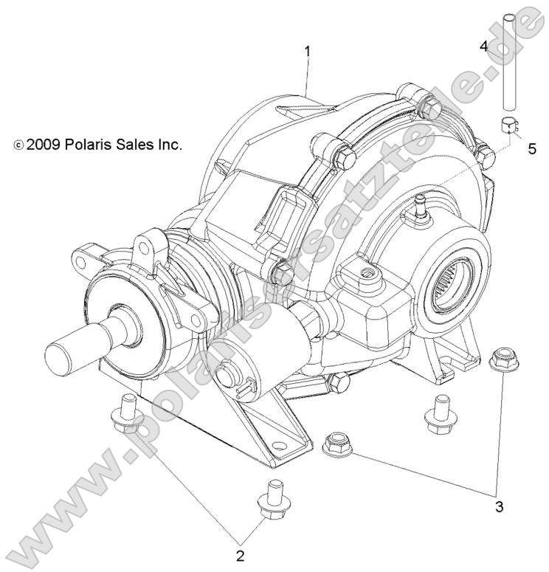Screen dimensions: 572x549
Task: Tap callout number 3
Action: tap(500, 507)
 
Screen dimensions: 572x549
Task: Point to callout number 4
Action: tap(484, 46)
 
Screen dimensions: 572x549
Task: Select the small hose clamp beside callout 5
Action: tap(508, 124)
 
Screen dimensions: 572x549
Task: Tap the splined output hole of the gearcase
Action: tap(456, 279)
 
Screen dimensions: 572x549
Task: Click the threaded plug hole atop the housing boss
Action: tap(364, 274)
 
